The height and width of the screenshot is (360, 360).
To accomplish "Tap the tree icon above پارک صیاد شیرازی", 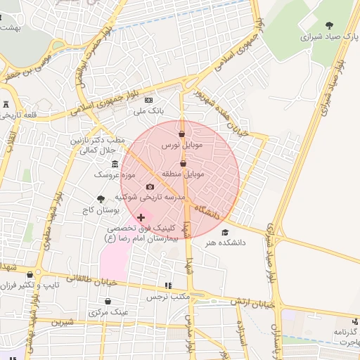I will (329, 25).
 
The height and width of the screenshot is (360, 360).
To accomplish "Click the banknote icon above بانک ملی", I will (148, 101).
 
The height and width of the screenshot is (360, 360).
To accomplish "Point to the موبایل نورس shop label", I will (181, 144).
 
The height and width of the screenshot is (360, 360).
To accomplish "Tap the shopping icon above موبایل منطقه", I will (183, 163).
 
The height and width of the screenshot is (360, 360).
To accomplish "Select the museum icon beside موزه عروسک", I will (115, 164).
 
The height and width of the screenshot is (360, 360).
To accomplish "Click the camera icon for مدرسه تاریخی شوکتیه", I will (150, 186).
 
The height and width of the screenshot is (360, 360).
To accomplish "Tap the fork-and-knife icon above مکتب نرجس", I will (167, 285).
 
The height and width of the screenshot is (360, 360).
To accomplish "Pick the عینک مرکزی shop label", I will (106, 311).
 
